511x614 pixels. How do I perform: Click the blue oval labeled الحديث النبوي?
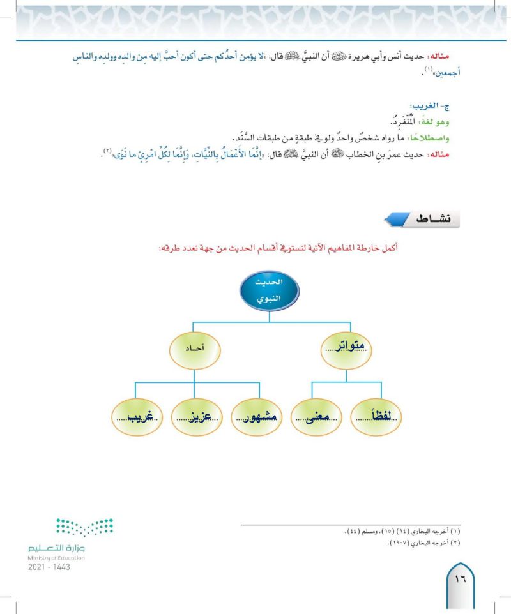pyautogui.click(x=270, y=290)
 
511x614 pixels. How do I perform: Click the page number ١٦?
pyautogui.click(x=461, y=580)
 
